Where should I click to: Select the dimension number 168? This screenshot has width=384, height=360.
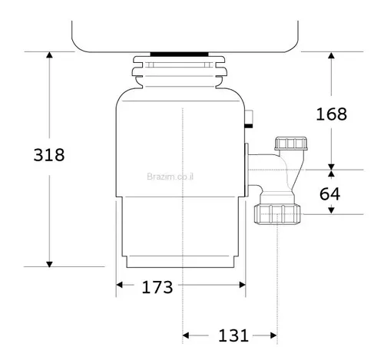[332, 114]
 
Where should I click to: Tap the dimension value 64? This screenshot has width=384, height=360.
[329, 193]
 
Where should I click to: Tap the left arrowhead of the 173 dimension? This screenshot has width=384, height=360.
[121, 288]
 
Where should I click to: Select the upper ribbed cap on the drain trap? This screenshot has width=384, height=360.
[290, 144]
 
